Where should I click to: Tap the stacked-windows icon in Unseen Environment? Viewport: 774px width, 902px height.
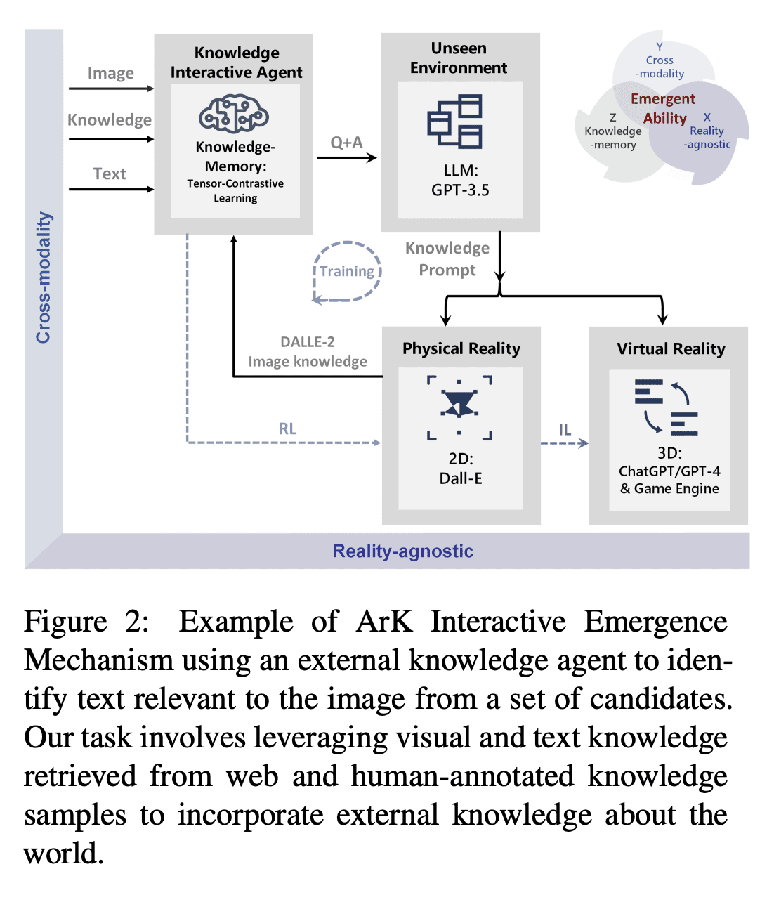[x=455, y=122]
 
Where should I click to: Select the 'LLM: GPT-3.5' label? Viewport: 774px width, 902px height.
[x=460, y=181]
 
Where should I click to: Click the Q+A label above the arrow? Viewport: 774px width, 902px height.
[x=346, y=143]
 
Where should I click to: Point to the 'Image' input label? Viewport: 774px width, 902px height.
[x=110, y=73]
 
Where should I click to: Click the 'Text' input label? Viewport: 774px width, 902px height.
[x=110, y=174]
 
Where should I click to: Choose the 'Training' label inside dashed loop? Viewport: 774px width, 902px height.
[x=347, y=271]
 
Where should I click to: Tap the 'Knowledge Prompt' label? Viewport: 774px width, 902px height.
[x=447, y=259]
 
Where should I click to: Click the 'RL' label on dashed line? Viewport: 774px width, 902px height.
[x=287, y=429]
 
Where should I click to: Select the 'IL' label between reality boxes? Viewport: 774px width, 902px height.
[x=565, y=429]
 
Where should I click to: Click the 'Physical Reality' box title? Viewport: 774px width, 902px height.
[x=461, y=348]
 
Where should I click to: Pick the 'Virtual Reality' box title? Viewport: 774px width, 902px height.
[x=671, y=348]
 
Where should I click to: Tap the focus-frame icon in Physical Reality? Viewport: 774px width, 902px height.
[x=459, y=407]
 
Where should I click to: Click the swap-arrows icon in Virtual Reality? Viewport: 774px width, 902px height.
[x=666, y=407]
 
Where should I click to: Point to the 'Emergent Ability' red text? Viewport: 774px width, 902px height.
[x=664, y=108]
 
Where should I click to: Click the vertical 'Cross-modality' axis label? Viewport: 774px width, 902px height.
[x=44, y=277]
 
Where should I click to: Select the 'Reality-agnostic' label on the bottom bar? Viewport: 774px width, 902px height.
[x=402, y=551]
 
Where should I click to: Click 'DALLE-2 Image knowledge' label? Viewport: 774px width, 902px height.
[x=308, y=351]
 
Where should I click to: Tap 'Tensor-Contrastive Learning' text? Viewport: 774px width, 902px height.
[x=235, y=190]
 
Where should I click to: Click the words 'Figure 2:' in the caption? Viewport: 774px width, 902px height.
[x=87, y=622]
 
